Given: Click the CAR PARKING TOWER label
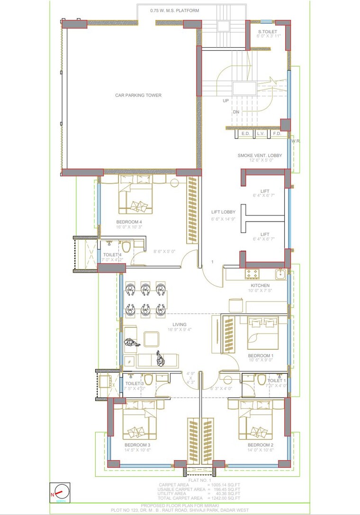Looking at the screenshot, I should click(x=138, y=95).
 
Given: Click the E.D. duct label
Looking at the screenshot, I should click(x=245, y=134).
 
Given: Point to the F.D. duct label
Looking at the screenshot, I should click(x=277, y=134).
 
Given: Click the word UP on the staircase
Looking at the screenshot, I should click(x=226, y=101).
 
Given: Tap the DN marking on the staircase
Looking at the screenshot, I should click(x=236, y=112).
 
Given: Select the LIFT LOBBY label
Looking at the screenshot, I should click(x=223, y=213).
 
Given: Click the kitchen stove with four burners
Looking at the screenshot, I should click(x=251, y=273).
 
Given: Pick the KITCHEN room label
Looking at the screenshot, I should click(x=260, y=285).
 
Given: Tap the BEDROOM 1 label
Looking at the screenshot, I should click(x=261, y=355).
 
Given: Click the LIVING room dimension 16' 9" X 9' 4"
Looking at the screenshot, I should click(x=179, y=330).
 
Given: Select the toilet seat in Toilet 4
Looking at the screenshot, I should click(x=126, y=247).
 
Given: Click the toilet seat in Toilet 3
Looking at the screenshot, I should click(x=148, y=380).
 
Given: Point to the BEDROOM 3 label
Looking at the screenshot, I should click(x=137, y=445).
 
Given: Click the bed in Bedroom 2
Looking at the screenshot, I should click(x=256, y=420).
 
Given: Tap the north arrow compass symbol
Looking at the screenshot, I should click(x=60, y=493).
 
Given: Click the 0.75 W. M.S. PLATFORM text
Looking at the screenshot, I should click(x=174, y=10).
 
